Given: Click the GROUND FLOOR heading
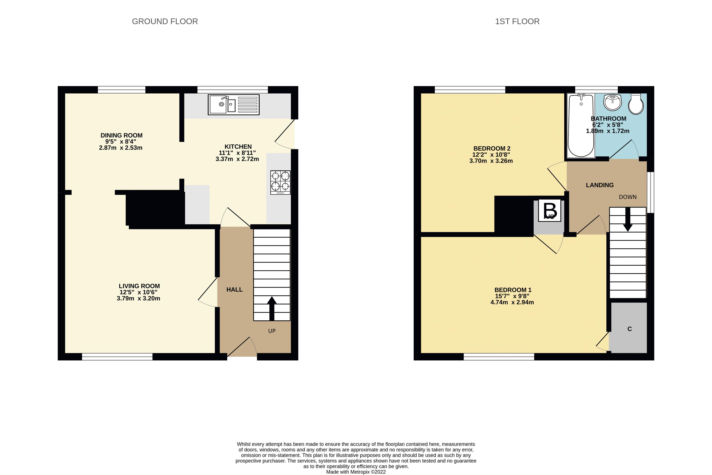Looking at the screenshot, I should (x=165, y=22).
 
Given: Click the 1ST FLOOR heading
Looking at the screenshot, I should (x=517, y=22).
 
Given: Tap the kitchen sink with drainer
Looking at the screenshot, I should (x=233, y=104).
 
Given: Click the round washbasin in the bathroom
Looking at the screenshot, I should (x=612, y=102).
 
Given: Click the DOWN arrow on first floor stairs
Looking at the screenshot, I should (x=627, y=219).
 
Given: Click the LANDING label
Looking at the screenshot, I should (x=599, y=185).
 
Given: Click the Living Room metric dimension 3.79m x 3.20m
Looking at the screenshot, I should (x=138, y=298).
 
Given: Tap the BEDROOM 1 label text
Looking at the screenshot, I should (x=513, y=290).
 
